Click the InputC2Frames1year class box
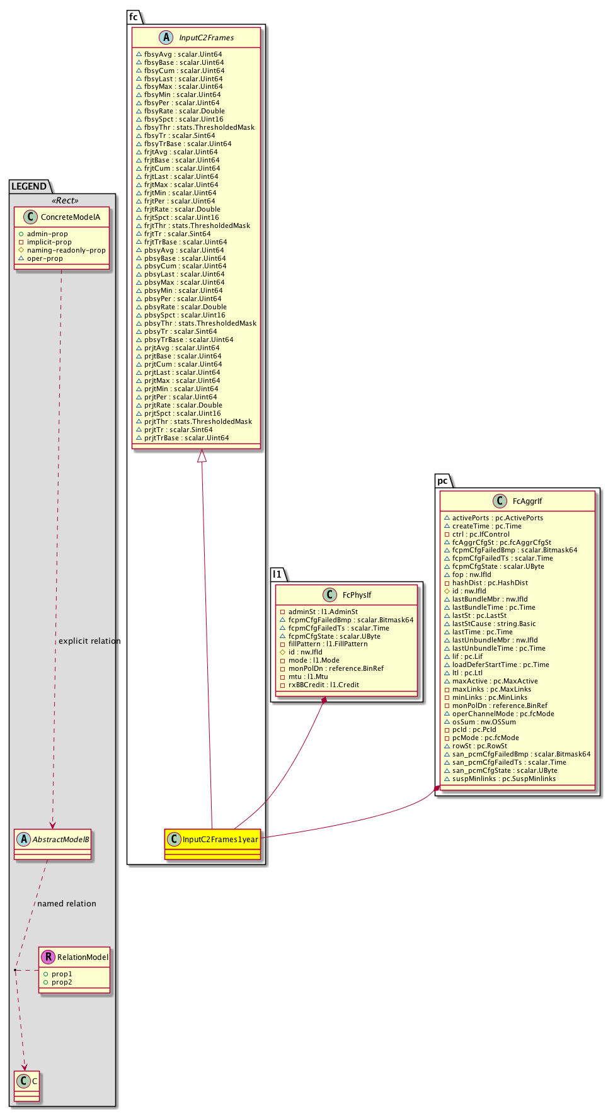(x=212, y=840)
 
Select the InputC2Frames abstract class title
(x=206, y=38)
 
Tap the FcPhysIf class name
(x=357, y=595)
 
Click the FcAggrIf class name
(x=527, y=501)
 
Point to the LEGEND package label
(x=29, y=186)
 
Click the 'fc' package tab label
(x=134, y=17)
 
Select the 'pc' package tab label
(x=443, y=481)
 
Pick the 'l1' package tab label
(x=277, y=574)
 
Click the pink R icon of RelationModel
(x=48, y=957)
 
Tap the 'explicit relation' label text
(x=89, y=641)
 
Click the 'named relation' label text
(x=67, y=904)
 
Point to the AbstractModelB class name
(x=60, y=840)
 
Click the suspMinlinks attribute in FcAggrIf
(x=503, y=779)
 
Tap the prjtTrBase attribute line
(x=186, y=438)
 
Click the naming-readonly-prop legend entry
(x=66, y=250)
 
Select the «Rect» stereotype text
(x=65, y=201)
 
